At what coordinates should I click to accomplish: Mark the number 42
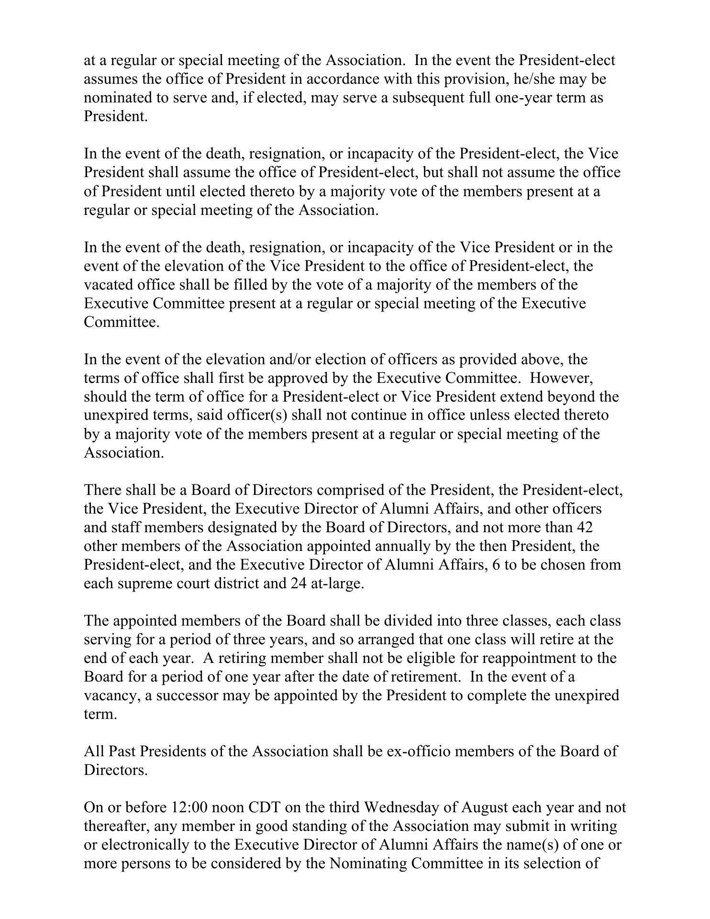tap(585, 527)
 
